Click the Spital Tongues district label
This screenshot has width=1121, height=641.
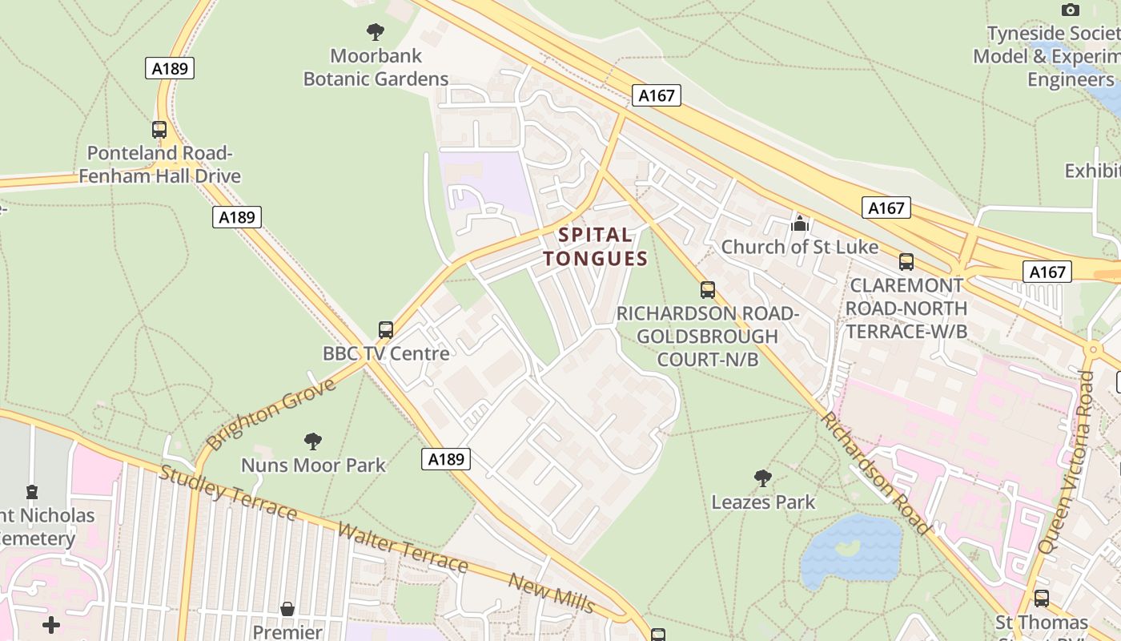coord(595,247)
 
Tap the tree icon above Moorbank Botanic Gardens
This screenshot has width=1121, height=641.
coord(375,32)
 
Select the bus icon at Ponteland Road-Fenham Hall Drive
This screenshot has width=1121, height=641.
coord(159,129)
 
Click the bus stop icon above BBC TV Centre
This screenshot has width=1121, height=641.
coord(386,329)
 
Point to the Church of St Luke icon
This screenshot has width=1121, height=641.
coord(799,224)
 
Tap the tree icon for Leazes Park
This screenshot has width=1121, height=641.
coord(762,478)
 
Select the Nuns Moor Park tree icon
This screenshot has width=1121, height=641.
coord(313,441)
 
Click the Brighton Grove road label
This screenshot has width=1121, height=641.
coord(271,414)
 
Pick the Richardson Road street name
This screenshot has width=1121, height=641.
coord(875,473)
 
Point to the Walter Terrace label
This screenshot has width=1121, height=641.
coord(402,547)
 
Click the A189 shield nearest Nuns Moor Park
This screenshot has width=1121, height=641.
coord(446,459)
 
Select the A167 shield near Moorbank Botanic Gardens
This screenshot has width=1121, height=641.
coord(657,95)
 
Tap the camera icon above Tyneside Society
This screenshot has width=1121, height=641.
coord(1070,10)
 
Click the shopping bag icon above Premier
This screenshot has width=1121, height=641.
coord(287,609)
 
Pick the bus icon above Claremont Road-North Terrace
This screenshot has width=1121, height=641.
coord(906,261)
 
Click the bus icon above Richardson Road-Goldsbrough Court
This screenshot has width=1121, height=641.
coord(707,289)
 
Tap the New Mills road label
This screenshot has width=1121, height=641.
coord(552,594)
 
